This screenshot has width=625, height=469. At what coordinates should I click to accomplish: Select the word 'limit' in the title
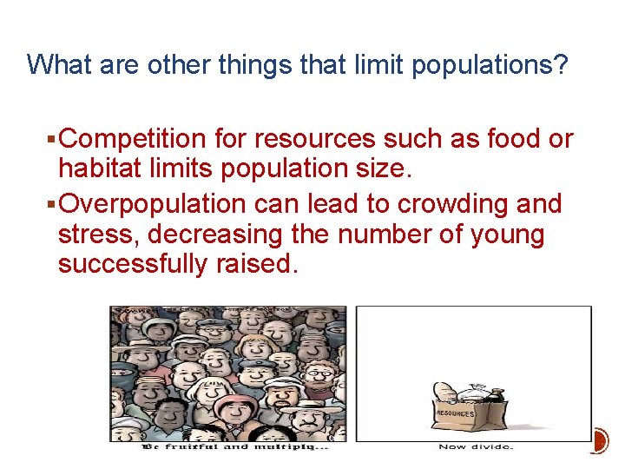(376, 65)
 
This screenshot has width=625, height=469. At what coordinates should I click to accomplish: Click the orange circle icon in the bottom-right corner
(599, 441)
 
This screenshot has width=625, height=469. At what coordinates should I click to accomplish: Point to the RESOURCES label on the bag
(455, 415)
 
